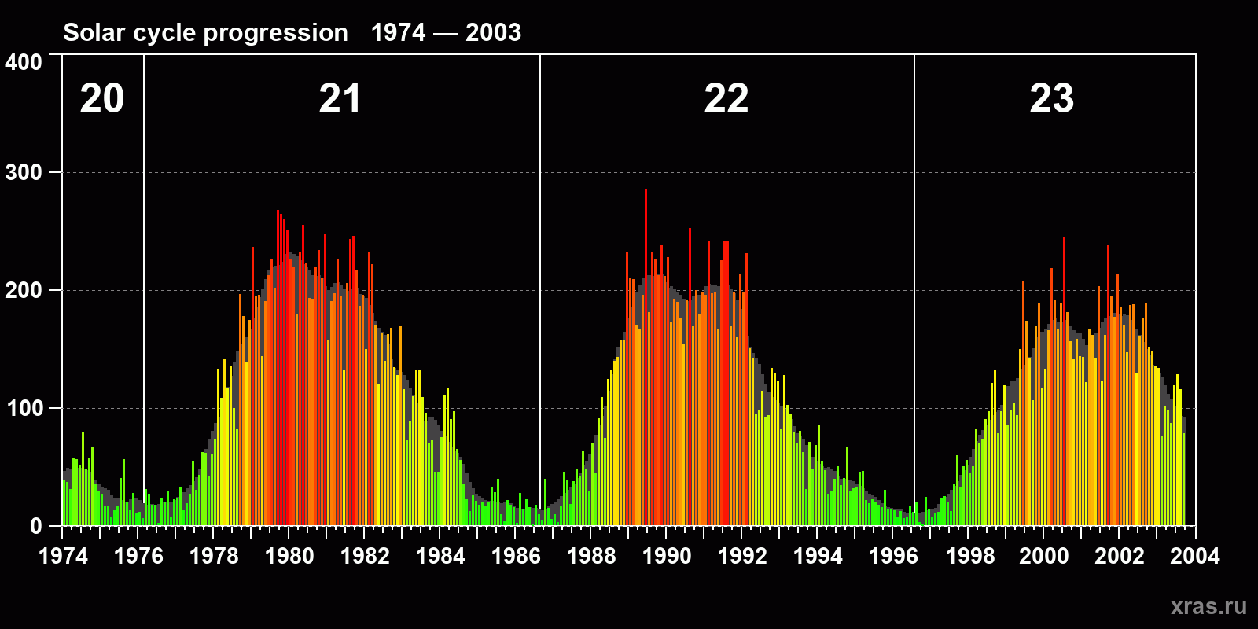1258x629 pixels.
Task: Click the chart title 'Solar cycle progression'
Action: tap(205, 32)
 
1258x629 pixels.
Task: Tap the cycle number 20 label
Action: tap(102, 99)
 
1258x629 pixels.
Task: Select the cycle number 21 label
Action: tap(340, 99)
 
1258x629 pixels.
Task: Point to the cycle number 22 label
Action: tap(726, 99)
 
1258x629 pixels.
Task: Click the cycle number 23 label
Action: tap(1051, 99)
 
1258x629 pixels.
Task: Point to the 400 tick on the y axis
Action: tap(24, 62)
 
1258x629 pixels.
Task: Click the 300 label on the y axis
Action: tap(24, 173)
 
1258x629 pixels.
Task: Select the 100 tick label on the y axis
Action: tap(24, 408)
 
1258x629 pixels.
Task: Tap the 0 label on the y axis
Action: tap(36, 526)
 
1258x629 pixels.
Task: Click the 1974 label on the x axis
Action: tap(63, 556)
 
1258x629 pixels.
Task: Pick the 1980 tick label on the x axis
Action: tap(289, 556)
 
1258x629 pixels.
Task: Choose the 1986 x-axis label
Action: tap(516, 556)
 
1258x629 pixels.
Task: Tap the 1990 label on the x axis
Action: tap(667, 556)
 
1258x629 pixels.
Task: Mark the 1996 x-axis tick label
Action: tap(893, 556)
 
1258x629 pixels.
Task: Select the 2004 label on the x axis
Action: tap(1195, 556)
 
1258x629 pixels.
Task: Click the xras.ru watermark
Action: tap(1208, 606)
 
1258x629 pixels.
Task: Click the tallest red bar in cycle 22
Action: tap(646, 314)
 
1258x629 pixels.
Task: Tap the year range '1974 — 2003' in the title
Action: tap(446, 32)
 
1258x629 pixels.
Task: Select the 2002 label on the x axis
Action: tap(1120, 556)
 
